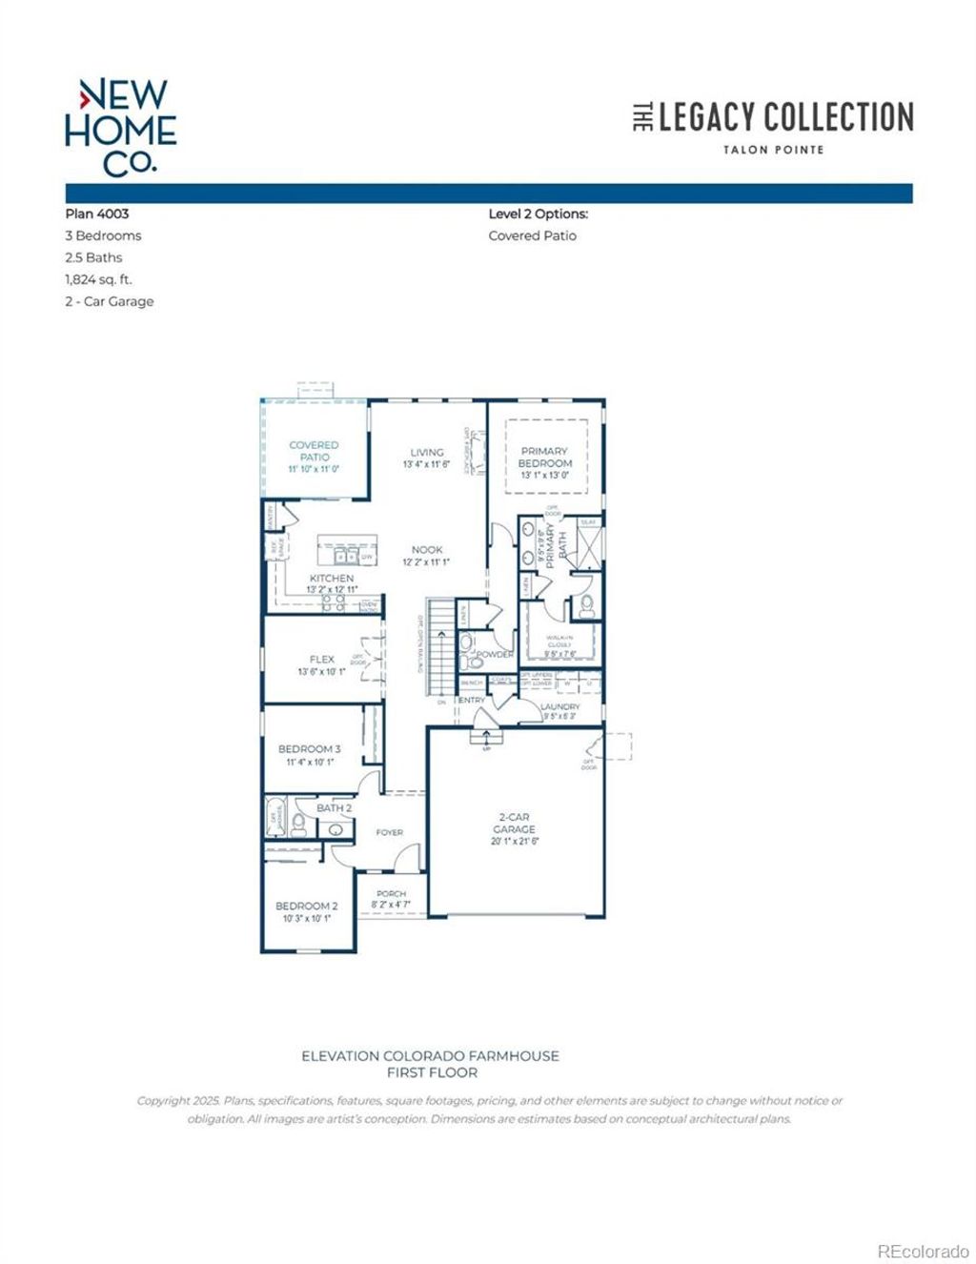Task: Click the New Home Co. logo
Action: point(120,126)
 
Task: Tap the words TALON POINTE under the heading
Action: point(772,150)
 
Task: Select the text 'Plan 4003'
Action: point(96,214)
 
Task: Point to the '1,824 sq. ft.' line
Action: point(98,279)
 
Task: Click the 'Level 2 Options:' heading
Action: point(538,214)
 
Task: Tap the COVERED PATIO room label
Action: point(314,451)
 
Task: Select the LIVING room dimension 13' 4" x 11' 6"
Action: point(426,465)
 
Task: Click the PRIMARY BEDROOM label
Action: point(544,457)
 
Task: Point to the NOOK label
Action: point(426,550)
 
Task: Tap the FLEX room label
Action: point(321,659)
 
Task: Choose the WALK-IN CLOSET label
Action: point(559,642)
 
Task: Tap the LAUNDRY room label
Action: point(559,706)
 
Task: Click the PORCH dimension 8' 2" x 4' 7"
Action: point(391,903)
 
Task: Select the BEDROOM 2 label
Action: point(306,906)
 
